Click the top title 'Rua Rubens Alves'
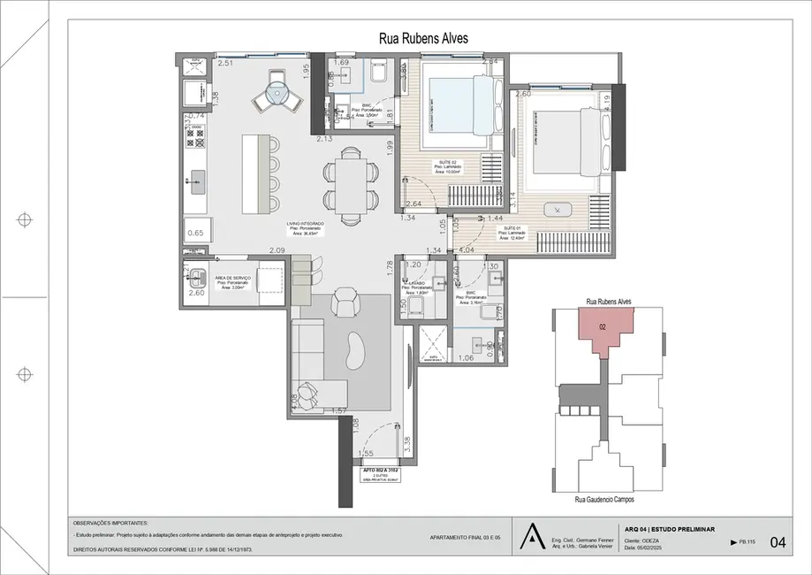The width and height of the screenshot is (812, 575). [x=423, y=38]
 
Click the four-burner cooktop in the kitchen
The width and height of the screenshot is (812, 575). [x=196, y=134]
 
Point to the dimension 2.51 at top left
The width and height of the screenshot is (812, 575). [x=225, y=64]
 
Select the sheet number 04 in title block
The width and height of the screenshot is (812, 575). [x=778, y=541]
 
